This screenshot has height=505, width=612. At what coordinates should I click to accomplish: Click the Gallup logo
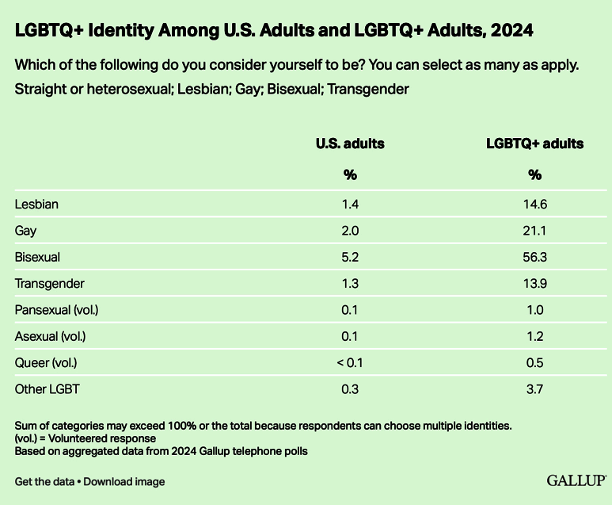coord(577,480)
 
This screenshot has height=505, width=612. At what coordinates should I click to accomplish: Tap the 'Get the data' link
coord(44,481)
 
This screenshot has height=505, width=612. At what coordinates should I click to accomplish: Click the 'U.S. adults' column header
coord(350,144)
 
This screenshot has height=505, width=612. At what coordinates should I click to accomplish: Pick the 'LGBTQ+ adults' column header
coord(534,144)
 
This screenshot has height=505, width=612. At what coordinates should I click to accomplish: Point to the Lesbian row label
coord(37,205)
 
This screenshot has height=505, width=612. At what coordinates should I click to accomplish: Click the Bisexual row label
coord(38,257)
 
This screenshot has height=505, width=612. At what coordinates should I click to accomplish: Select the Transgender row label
coord(49,283)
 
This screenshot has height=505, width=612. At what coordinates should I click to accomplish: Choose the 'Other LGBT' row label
coord(47,388)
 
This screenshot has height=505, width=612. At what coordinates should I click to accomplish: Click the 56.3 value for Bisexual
coord(535,257)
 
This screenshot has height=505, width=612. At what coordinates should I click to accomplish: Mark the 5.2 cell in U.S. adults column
coord(350,257)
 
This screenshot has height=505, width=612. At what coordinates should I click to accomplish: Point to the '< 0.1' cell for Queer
coord(350,362)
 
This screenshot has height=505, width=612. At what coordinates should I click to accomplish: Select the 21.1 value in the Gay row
coord(535,231)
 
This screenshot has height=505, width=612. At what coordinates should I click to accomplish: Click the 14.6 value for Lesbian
coord(535,205)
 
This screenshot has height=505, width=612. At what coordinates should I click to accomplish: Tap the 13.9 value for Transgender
coord(535,283)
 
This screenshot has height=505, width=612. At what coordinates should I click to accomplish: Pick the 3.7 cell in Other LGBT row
coord(535,388)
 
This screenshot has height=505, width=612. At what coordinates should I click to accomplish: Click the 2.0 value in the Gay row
coord(350,231)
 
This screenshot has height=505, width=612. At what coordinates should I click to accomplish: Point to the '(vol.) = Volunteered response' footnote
coord(86,438)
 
